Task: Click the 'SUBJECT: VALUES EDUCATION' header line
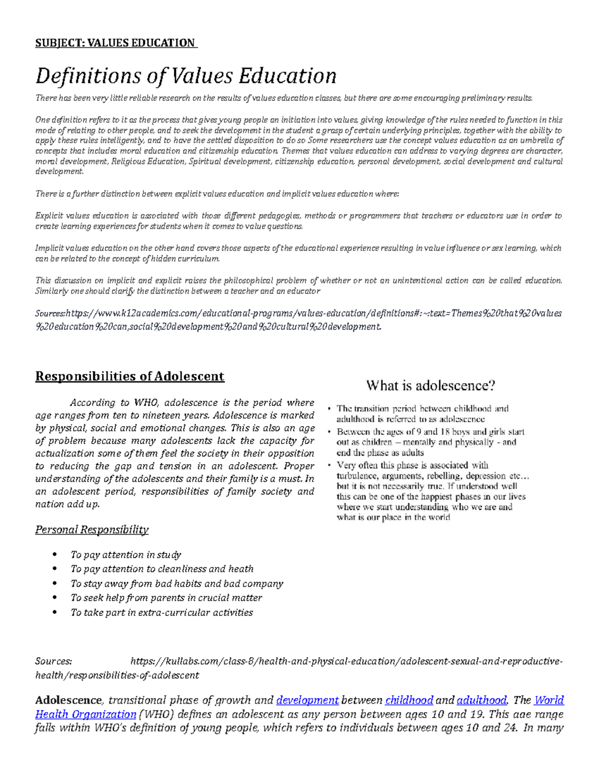tap(115, 43)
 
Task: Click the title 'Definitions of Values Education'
tap(186, 76)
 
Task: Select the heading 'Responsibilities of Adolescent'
tap(129, 376)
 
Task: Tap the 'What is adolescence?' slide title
tap(430, 385)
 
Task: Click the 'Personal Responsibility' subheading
tap(92, 529)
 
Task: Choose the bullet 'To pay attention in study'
tap(126, 554)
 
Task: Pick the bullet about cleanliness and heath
tap(162, 569)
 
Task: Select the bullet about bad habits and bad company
tap(177, 583)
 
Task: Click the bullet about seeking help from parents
tap(166, 598)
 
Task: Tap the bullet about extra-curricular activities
tap(162, 612)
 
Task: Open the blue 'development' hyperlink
tap(307, 700)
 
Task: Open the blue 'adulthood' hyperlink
tap(482, 700)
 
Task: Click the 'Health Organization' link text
tap(85, 714)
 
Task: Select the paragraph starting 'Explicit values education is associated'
tap(299, 221)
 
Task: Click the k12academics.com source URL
tap(299, 319)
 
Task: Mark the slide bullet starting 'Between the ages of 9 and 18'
tap(430, 442)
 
